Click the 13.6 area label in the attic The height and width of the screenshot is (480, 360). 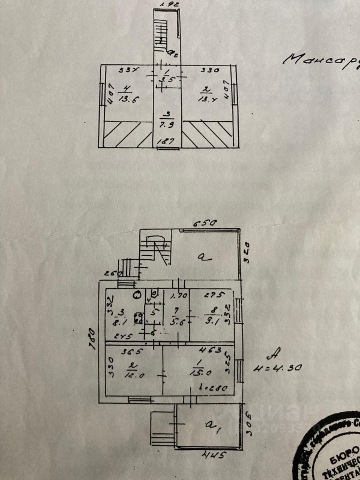126,99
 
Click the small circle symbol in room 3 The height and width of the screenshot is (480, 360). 136,294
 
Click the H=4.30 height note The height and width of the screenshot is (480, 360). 284,370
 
